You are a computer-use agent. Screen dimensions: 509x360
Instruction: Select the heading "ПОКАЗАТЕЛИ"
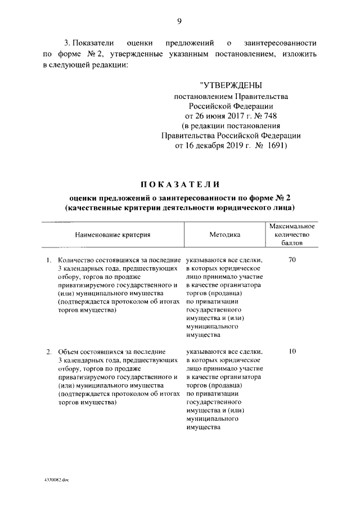[179, 185]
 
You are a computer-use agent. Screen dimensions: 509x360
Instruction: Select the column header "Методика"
[224, 235]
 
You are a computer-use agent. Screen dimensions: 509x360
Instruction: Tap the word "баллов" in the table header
[291, 244]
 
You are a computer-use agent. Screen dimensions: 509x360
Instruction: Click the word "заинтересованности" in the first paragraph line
[280, 42]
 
